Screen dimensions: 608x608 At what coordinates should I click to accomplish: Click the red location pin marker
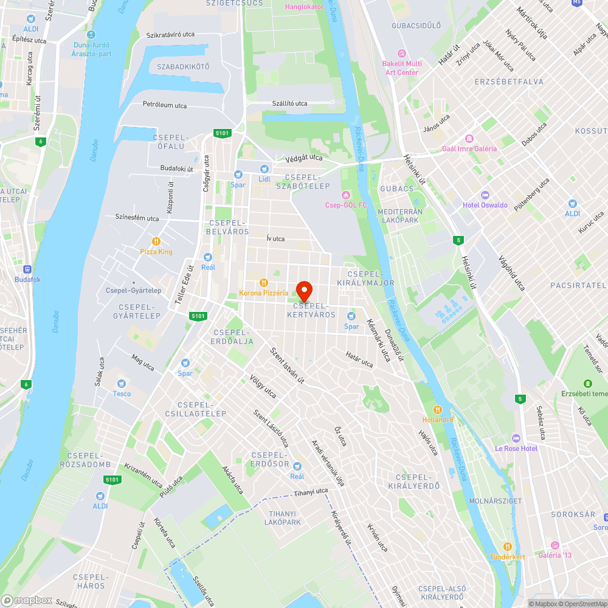[x=303, y=291]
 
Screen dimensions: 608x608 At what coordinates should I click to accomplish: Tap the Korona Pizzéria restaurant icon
[x=263, y=282]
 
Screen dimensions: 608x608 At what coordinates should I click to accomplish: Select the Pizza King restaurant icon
[x=156, y=241]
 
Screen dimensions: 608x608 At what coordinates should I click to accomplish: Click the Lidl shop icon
[x=264, y=168]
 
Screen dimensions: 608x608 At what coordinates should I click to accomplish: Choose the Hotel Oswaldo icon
[x=485, y=195]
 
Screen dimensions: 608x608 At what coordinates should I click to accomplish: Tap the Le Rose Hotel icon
[x=516, y=438]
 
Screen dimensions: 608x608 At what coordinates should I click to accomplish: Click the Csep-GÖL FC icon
[x=346, y=195]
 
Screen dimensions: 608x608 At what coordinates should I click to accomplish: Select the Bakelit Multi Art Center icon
[x=401, y=54]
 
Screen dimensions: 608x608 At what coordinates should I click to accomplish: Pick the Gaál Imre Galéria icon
[x=469, y=139]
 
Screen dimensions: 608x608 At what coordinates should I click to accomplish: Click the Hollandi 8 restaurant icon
[x=438, y=409]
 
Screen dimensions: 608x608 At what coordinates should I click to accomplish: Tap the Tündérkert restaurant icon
[x=507, y=546]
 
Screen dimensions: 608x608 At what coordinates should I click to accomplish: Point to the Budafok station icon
[x=27, y=269]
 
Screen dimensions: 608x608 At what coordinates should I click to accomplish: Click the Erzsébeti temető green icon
[x=587, y=383]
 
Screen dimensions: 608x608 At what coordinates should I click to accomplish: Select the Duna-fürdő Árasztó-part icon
[x=91, y=35]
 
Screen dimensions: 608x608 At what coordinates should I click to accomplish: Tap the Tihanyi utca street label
[x=311, y=492]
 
